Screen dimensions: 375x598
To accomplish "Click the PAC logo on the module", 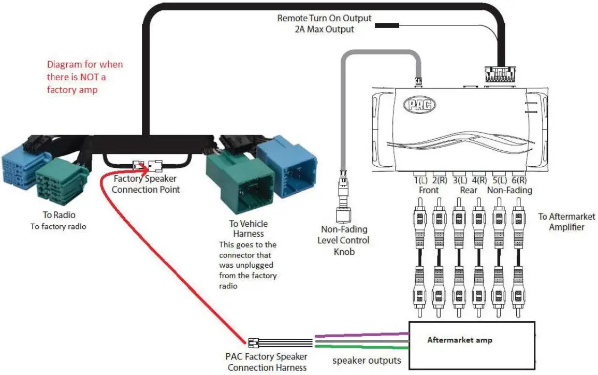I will click(x=419, y=105).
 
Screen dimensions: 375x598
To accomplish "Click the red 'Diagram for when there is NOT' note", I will click(x=85, y=77).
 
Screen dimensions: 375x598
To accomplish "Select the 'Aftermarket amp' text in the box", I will click(x=459, y=340).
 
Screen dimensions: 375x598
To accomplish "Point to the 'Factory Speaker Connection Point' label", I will click(x=145, y=184).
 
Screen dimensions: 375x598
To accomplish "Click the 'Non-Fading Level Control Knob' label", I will click(x=345, y=240).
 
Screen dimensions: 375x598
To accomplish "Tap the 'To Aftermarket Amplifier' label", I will click(x=566, y=222).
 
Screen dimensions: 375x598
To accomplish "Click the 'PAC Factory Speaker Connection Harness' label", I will click(x=267, y=362).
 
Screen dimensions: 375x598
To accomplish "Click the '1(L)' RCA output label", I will click(x=420, y=181).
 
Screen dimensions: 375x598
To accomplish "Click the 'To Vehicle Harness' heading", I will click(x=249, y=228).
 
